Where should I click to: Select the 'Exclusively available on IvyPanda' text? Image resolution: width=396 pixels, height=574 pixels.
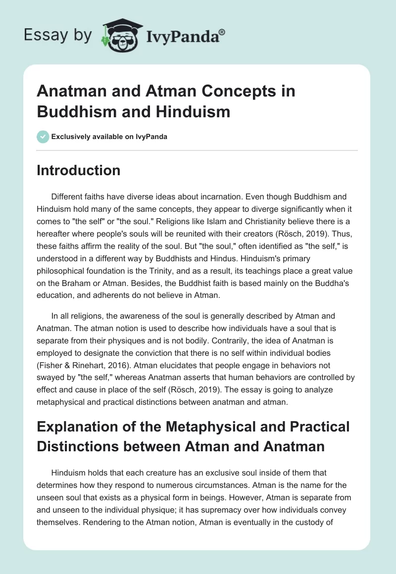(x=109, y=137)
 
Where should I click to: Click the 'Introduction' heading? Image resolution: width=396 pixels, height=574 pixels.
(x=79, y=170)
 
